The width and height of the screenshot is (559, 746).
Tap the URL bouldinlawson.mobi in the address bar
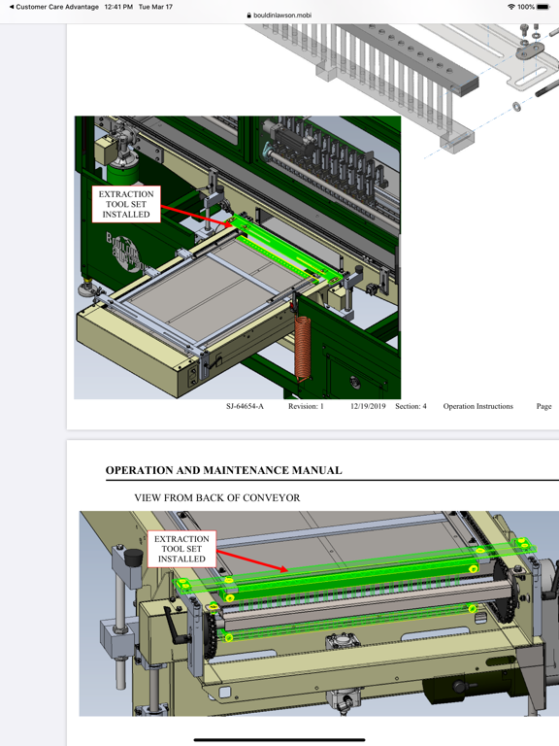pos(282,16)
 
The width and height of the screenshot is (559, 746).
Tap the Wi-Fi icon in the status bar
pos(510,7)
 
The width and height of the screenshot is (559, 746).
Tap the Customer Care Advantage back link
pos(54,7)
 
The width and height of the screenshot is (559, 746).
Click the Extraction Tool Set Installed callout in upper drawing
pos(126,204)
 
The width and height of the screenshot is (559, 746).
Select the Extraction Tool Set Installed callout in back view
pos(181,549)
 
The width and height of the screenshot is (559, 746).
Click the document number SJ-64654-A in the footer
pos(245,406)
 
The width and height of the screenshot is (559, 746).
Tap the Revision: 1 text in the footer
pos(306,406)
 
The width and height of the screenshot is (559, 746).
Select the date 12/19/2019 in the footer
pos(368,406)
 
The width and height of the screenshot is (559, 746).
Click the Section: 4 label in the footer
pos(411,406)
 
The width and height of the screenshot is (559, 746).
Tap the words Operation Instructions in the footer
pos(477,406)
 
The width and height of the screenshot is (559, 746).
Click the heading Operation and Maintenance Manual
pos(223,470)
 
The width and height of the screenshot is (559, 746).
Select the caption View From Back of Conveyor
pos(216,497)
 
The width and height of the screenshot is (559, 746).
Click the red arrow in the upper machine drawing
pos(194,215)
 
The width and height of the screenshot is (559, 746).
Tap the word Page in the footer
pos(543,406)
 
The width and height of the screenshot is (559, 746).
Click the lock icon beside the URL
pos(249,16)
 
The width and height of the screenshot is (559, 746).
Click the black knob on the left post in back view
pos(131,556)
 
